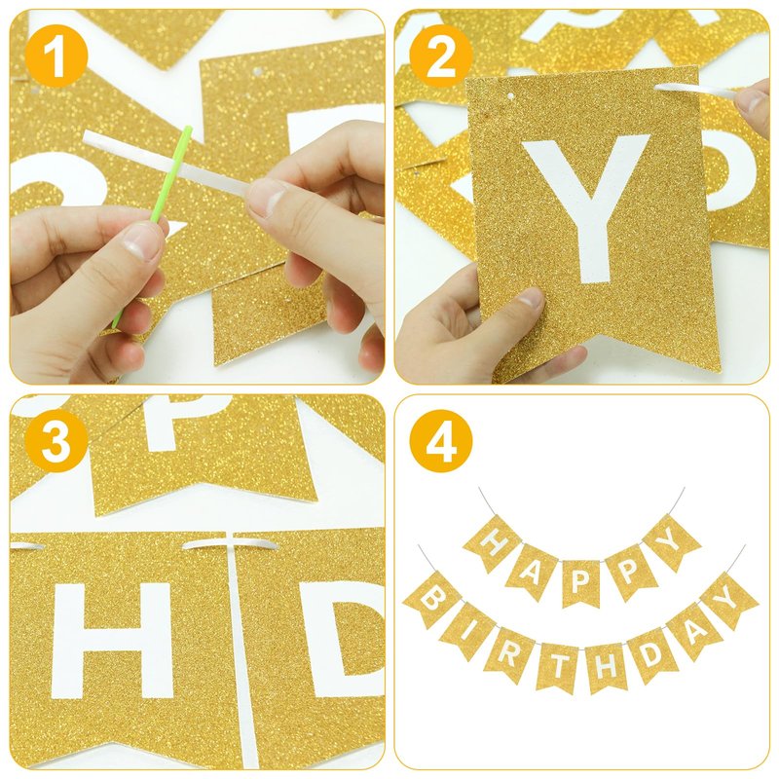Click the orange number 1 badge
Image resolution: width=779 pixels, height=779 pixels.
56,56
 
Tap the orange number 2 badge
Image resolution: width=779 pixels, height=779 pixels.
441,56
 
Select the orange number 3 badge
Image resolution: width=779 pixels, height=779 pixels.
56,441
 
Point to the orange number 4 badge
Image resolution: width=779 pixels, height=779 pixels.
441,441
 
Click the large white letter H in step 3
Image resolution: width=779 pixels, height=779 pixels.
112,641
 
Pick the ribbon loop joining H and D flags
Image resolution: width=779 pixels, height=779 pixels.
230,545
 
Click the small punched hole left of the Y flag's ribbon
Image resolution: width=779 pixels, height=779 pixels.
510,95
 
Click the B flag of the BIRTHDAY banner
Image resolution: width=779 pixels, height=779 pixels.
431,600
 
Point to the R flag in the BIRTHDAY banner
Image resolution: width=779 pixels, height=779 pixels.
508,653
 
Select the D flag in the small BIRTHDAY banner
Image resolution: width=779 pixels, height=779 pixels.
649,654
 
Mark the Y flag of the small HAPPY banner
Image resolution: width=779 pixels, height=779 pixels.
672,541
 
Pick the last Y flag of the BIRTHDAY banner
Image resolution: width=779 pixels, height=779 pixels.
727,600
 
